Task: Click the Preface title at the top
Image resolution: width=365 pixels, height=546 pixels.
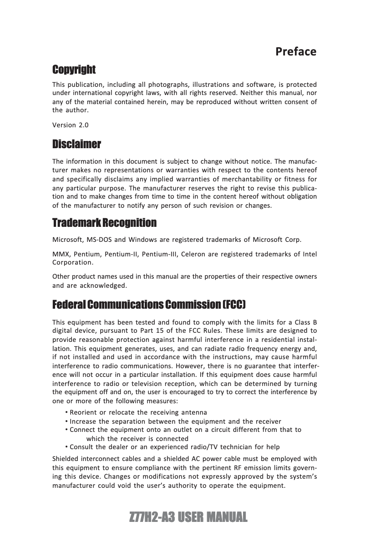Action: point(296,51)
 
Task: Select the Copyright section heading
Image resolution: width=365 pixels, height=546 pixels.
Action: point(74,70)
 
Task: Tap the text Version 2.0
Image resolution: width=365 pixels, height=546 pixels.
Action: point(71,125)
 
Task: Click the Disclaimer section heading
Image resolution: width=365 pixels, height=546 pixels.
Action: point(76,145)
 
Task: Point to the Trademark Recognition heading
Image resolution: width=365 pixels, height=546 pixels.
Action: point(104,223)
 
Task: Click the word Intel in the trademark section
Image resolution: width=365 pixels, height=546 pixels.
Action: point(309,254)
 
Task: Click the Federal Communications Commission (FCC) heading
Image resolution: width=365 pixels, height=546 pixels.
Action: point(149,304)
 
